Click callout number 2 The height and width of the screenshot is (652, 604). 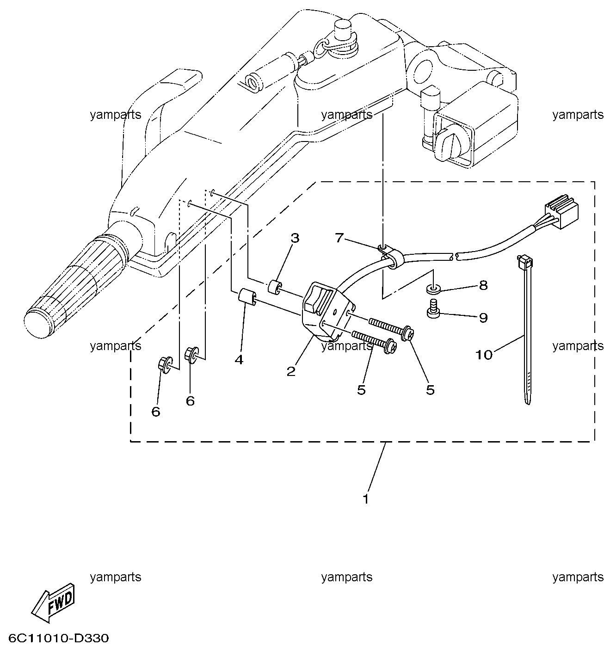(x=291, y=371)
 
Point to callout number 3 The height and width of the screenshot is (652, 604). (x=295, y=238)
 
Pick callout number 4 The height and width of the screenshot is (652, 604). (x=239, y=360)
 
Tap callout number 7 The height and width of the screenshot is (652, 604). (x=339, y=237)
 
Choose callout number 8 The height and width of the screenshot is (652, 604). (x=483, y=285)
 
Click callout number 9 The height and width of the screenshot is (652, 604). (x=483, y=318)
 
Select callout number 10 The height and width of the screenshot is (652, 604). (x=484, y=355)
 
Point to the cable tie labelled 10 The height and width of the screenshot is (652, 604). (x=525, y=328)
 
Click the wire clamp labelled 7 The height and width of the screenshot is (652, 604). (x=389, y=255)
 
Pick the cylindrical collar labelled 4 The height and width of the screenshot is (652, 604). (x=247, y=296)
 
